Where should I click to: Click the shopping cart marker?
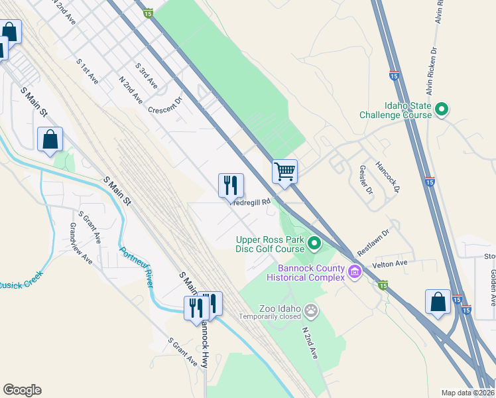point(284,171)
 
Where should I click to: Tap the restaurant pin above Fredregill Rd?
point(231,186)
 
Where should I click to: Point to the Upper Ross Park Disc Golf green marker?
point(315,244)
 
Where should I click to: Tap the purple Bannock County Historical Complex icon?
point(355,271)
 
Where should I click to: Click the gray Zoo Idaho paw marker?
point(311,309)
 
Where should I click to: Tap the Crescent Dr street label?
point(164,106)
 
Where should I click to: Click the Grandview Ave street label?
point(81,243)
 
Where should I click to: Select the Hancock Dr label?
point(389,176)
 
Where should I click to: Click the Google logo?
point(22,390)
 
